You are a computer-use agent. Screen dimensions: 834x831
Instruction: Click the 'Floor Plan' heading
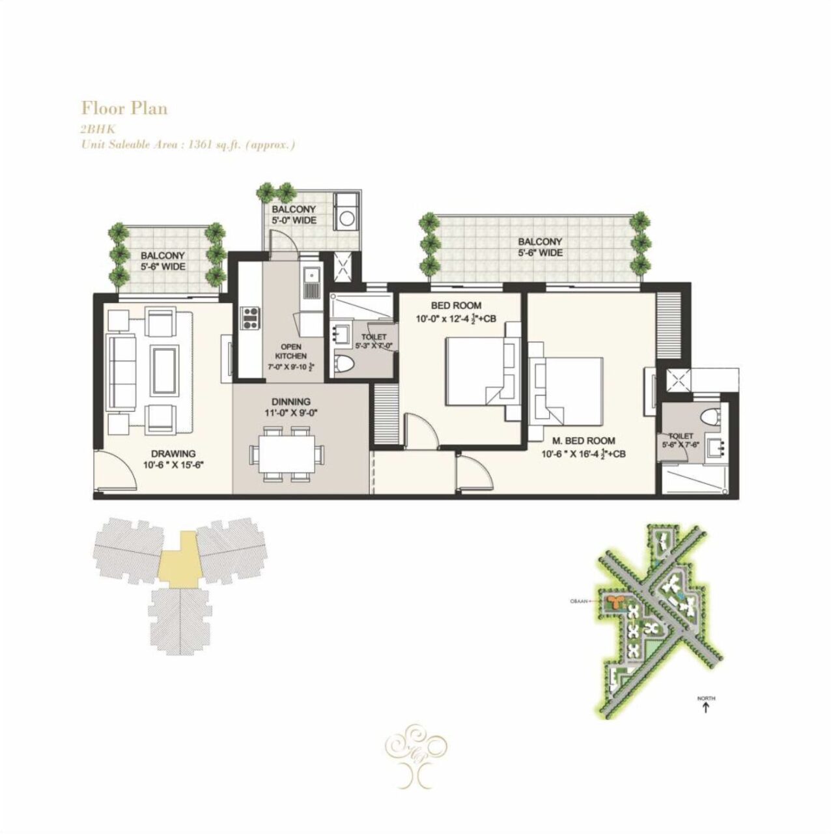pyautogui.click(x=124, y=108)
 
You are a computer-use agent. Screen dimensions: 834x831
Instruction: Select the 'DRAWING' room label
pyautogui.click(x=173, y=454)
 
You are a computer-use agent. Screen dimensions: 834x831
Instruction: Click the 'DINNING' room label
pyautogui.click(x=291, y=402)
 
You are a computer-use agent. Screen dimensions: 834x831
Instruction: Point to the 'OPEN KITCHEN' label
pyautogui.click(x=290, y=352)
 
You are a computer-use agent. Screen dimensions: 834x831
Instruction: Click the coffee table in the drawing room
pyautogui.click(x=163, y=369)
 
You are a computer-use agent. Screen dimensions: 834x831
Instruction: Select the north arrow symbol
pyautogui.click(x=706, y=706)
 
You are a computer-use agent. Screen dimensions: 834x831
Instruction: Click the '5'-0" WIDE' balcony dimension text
pyautogui.click(x=294, y=220)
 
